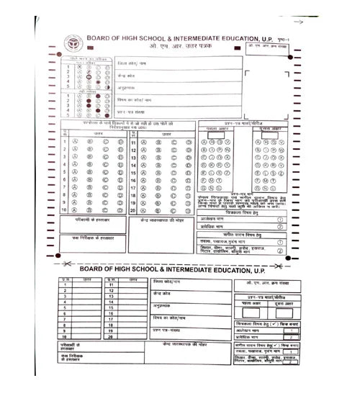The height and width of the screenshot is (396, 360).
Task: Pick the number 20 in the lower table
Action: pos(111,337)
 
